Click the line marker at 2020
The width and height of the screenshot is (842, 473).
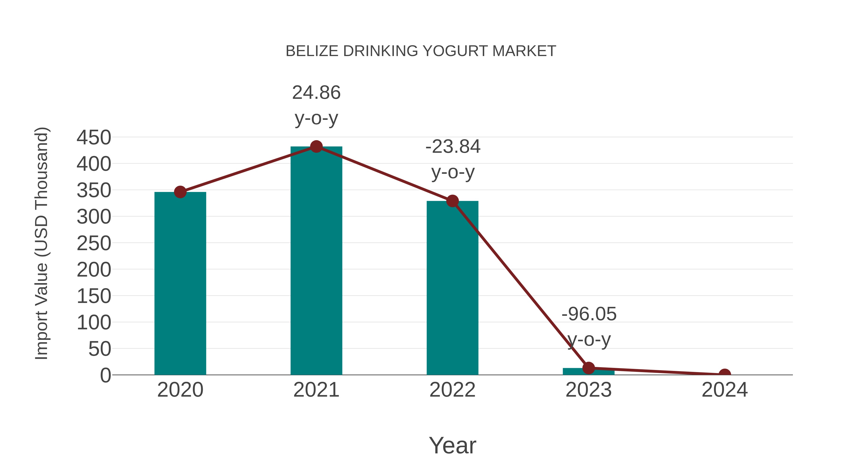tap(180, 192)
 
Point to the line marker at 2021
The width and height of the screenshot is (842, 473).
tap(316, 146)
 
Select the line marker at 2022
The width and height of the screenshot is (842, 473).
tap(452, 201)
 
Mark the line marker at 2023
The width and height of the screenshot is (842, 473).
tap(588, 368)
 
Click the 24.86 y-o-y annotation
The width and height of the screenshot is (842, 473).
tap(316, 105)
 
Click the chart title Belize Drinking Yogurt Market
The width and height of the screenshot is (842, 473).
tap(421, 51)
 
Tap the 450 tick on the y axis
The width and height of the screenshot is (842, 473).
tap(94, 137)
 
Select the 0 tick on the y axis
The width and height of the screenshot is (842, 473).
tap(105, 375)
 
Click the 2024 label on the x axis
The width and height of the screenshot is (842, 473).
tap(725, 390)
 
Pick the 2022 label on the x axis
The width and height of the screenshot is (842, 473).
tap(452, 390)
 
